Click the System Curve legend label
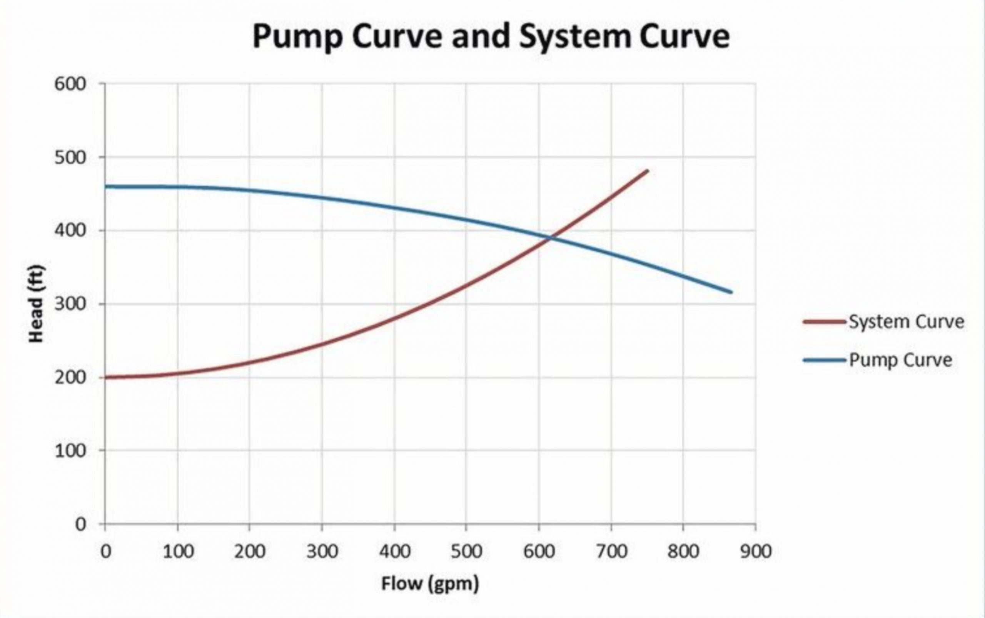(x=907, y=321)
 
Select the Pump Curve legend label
(x=900, y=360)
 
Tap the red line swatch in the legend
(x=824, y=321)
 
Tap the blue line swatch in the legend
(x=824, y=360)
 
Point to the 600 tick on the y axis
(x=70, y=84)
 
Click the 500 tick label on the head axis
(x=70, y=157)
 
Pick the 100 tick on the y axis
(x=70, y=451)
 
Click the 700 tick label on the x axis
(x=611, y=552)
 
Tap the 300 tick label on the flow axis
(x=322, y=552)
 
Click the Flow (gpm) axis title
(x=430, y=584)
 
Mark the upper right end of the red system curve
(x=648, y=171)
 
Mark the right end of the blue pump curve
(x=731, y=292)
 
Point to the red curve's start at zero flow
(x=105, y=377)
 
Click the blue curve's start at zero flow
(x=105, y=187)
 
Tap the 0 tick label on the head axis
(x=80, y=525)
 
